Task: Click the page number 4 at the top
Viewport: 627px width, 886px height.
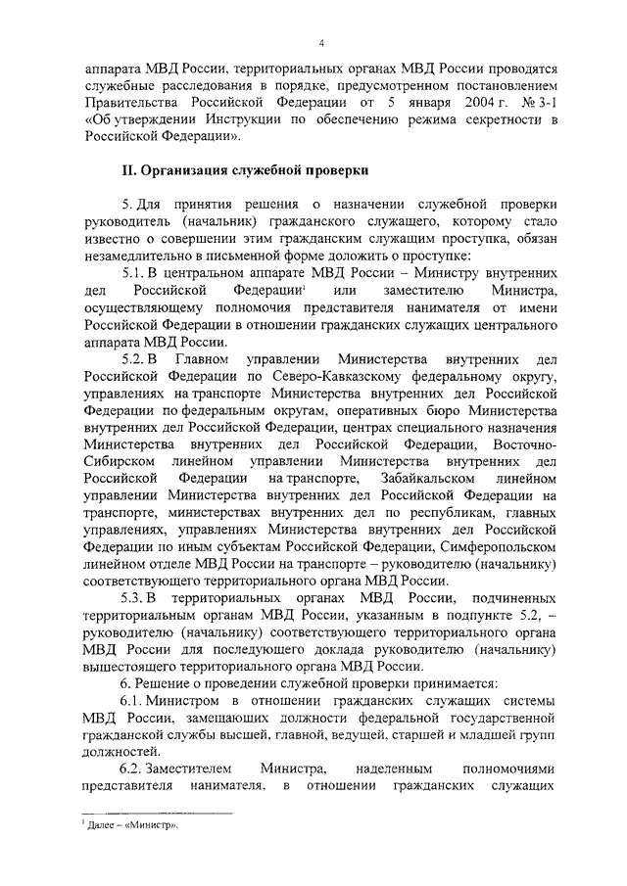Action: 320,42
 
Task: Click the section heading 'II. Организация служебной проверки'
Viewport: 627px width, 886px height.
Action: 245,170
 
